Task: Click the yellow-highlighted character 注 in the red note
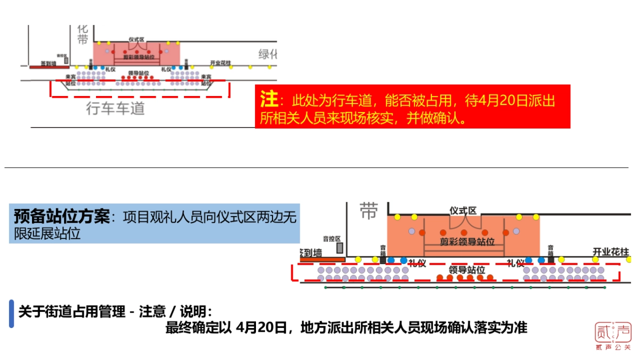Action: tap(269, 99)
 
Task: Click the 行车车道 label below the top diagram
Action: tap(115, 109)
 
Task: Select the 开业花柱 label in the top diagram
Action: tap(220, 62)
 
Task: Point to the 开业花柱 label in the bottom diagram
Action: tap(611, 252)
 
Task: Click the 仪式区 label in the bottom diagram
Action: tap(463, 211)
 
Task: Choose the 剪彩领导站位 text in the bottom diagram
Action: tap(467, 241)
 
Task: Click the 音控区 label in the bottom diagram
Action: tap(332, 239)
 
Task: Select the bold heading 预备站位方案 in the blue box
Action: tap(62, 217)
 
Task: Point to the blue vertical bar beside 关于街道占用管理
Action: tap(12, 314)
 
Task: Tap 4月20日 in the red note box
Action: tap(501, 100)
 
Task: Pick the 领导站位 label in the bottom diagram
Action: tap(467, 270)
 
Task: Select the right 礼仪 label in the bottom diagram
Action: tap(516, 263)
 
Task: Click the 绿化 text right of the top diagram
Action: tap(268, 54)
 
